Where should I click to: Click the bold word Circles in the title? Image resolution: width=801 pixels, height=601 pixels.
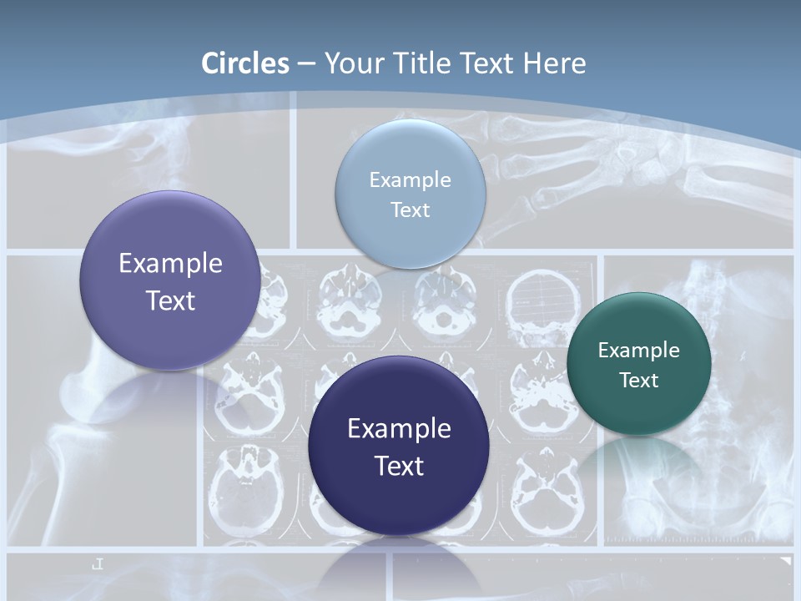[x=245, y=63]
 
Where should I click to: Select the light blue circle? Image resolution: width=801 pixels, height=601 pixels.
[x=410, y=194]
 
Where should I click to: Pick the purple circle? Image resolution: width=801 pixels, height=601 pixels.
[x=169, y=280]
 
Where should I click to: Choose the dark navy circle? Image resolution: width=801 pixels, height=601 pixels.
[x=398, y=446]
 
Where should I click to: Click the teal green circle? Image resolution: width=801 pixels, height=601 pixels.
[x=638, y=364]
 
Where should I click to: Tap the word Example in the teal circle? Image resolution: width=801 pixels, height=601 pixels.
[x=638, y=350]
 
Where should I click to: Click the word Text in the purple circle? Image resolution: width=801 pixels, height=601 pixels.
[x=170, y=300]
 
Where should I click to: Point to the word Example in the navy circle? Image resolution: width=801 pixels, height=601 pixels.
[x=399, y=429]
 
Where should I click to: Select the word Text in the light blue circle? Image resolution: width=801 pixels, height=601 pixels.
[x=410, y=210]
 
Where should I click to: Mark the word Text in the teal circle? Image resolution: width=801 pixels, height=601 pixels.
[x=639, y=381]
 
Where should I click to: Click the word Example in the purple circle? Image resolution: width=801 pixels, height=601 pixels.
[x=170, y=264]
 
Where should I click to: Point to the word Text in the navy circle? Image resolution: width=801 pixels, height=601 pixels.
[x=399, y=466]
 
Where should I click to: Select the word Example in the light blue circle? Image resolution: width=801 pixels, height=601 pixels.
[x=410, y=179]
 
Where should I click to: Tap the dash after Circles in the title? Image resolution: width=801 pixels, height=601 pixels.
[x=306, y=63]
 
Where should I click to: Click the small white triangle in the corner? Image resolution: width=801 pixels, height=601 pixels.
[x=784, y=562]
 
